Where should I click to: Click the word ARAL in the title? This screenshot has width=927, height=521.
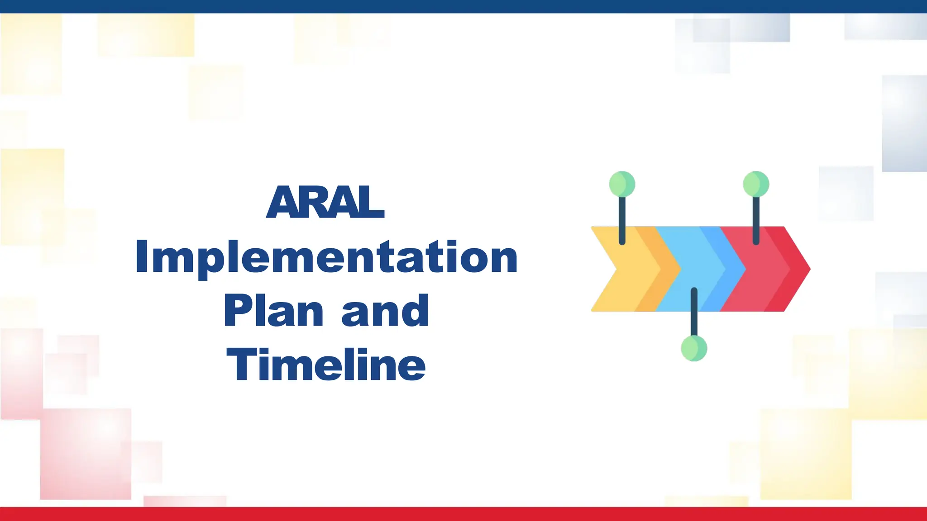(325, 202)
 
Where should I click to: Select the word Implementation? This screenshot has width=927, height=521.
(326, 257)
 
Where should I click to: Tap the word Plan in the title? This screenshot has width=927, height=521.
(273, 311)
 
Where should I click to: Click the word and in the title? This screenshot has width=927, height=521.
(385, 311)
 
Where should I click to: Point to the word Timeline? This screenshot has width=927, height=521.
(326, 365)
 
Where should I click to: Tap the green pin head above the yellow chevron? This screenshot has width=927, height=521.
(622, 184)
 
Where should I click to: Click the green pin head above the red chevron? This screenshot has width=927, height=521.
(756, 184)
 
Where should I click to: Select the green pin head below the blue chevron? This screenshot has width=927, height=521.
(694, 348)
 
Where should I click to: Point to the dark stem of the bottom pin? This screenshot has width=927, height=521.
(694, 312)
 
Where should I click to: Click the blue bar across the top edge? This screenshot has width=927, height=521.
(463, 6)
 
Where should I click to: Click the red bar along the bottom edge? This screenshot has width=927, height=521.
(463, 514)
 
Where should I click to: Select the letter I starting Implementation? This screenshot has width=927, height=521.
(141, 257)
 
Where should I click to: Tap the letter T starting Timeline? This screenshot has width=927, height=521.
(240, 364)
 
